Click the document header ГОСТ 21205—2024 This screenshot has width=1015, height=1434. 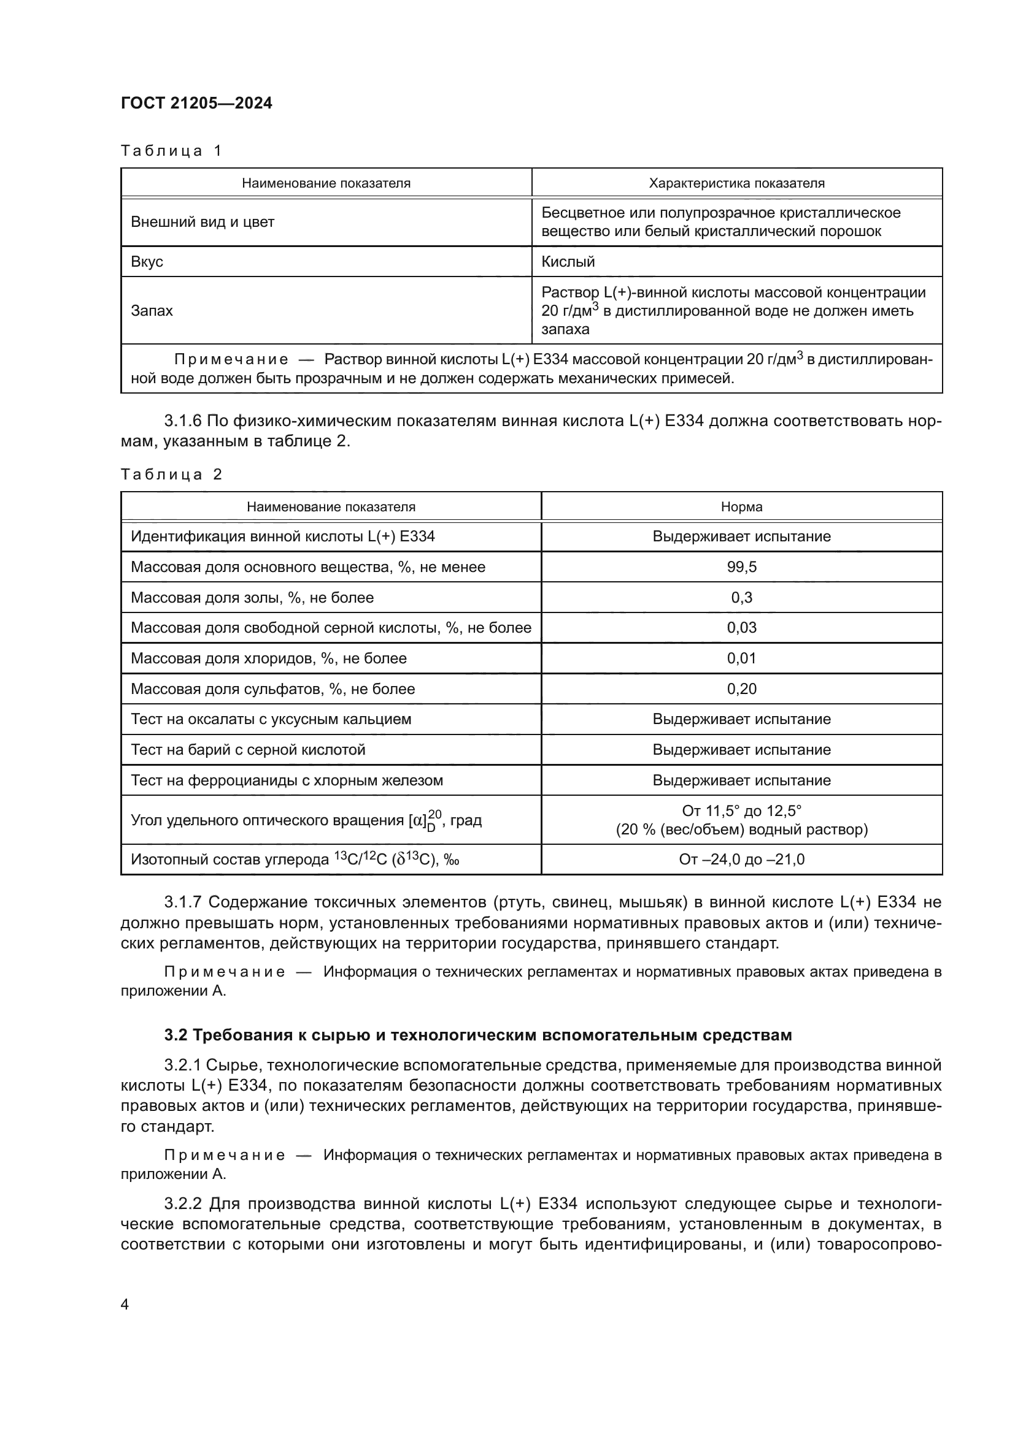196,103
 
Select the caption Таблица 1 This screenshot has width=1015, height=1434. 171,151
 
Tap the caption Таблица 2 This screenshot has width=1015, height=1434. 171,474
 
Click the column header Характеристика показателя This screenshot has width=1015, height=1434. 736,183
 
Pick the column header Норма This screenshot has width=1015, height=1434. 741,506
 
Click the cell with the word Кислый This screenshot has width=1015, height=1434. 568,262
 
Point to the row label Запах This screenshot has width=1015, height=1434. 151,310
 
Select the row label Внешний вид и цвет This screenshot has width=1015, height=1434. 203,222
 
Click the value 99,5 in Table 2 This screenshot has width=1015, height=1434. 741,567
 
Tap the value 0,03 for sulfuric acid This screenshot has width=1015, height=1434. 741,628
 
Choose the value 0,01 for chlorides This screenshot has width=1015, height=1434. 741,658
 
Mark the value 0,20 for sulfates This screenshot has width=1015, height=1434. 741,689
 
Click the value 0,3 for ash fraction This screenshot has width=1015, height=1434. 741,598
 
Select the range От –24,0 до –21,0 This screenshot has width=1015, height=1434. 741,860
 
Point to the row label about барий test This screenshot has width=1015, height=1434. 247,749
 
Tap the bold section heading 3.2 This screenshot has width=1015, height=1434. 477,1035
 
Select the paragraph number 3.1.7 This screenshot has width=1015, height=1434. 183,902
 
